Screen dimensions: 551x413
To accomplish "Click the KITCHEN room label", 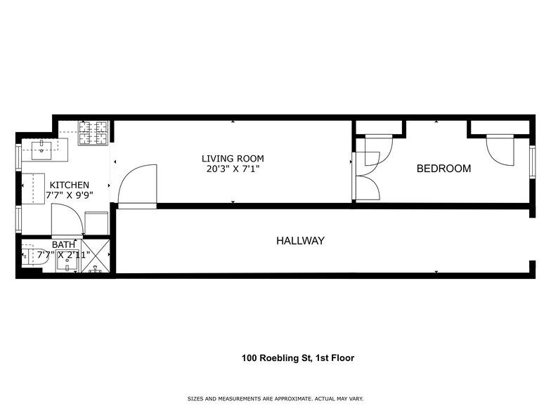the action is [69, 185].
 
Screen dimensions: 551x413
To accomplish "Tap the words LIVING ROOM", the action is [233, 159].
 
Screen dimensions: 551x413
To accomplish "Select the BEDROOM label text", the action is [443, 169].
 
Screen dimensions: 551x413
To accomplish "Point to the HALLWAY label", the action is [301, 240].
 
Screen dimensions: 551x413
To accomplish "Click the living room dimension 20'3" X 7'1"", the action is [233, 169].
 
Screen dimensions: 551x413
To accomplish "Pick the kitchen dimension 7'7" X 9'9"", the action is [69, 195].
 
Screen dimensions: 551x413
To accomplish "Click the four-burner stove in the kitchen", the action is [93, 133].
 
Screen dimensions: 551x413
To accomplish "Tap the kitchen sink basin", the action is [42, 150].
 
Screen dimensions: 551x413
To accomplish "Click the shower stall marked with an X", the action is [96, 256].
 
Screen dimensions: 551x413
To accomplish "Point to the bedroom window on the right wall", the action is [533, 162].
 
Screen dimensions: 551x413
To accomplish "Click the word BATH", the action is [63, 244].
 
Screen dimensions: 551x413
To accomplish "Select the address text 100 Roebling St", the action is [275, 358].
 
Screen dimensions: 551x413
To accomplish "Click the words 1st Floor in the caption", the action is [335, 358].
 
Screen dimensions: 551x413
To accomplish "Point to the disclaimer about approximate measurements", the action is [275, 399].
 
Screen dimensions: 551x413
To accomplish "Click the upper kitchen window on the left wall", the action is [18, 157].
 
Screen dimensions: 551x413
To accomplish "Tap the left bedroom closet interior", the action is [379, 127].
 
